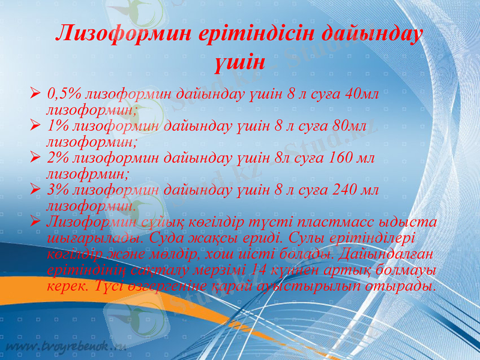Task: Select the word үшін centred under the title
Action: point(239,60)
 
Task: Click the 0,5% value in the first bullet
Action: point(64,94)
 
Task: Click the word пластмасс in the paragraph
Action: point(337,222)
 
